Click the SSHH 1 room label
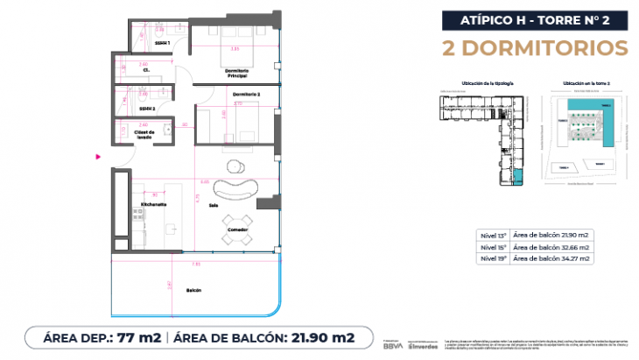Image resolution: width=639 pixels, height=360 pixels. click(x=163, y=41)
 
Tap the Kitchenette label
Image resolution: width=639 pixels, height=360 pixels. click(x=153, y=204)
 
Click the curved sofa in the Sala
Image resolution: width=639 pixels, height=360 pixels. click(x=236, y=188)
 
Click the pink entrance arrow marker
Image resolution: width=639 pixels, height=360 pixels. click(x=99, y=158)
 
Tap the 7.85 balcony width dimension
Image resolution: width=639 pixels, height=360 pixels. click(x=196, y=262)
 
